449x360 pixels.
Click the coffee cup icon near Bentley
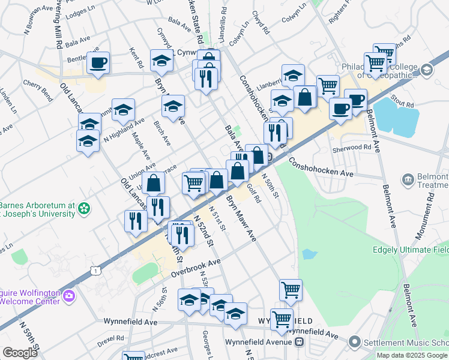98,62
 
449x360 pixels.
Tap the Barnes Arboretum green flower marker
84,209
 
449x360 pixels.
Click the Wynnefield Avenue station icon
300,342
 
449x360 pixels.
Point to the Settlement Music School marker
355,343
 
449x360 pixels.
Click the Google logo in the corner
20,353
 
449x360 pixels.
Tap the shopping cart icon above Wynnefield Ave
291,290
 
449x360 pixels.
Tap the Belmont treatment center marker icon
408,179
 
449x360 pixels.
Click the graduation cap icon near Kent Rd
160,61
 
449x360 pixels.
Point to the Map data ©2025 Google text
412,355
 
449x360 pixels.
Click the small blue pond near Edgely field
309,254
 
